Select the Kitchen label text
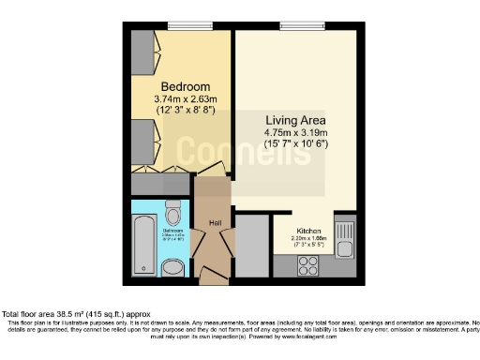(309, 231)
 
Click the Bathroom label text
(172, 231)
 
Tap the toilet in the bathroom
(172, 210)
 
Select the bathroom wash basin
(173, 269)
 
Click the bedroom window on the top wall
(180, 25)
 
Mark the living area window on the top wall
(294, 25)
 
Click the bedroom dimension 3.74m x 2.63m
(185, 97)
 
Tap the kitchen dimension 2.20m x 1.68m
(309, 238)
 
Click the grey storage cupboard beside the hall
(250, 246)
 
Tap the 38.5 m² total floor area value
(67, 313)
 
